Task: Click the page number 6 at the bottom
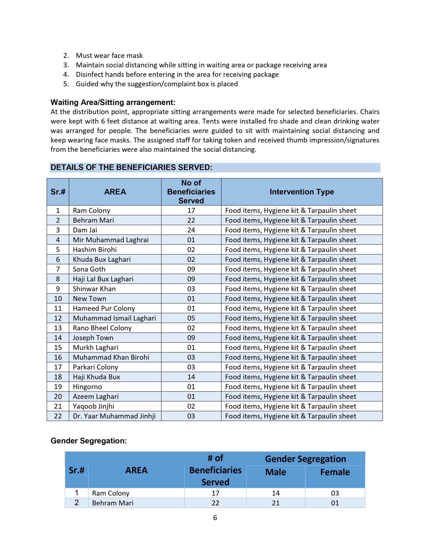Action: [x=215, y=517]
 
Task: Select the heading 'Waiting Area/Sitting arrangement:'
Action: [x=113, y=102]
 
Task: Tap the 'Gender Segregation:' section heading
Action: [x=89, y=440]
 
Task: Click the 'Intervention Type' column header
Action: [x=302, y=192]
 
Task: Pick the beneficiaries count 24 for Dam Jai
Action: [x=191, y=230]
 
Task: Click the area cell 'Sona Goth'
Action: [x=89, y=269]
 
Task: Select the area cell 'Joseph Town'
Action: [x=93, y=338]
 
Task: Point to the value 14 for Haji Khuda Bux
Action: [x=191, y=377]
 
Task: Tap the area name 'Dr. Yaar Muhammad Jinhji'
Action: [x=114, y=416]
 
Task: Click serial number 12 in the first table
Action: [x=58, y=318]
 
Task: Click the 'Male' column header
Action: [x=275, y=472]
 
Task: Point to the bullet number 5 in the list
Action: [x=66, y=84]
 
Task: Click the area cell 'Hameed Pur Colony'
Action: [x=104, y=308]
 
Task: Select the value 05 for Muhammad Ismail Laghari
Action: [x=191, y=318]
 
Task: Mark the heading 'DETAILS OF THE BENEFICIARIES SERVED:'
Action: [x=131, y=167]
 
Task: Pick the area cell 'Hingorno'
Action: [x=87, y=387]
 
